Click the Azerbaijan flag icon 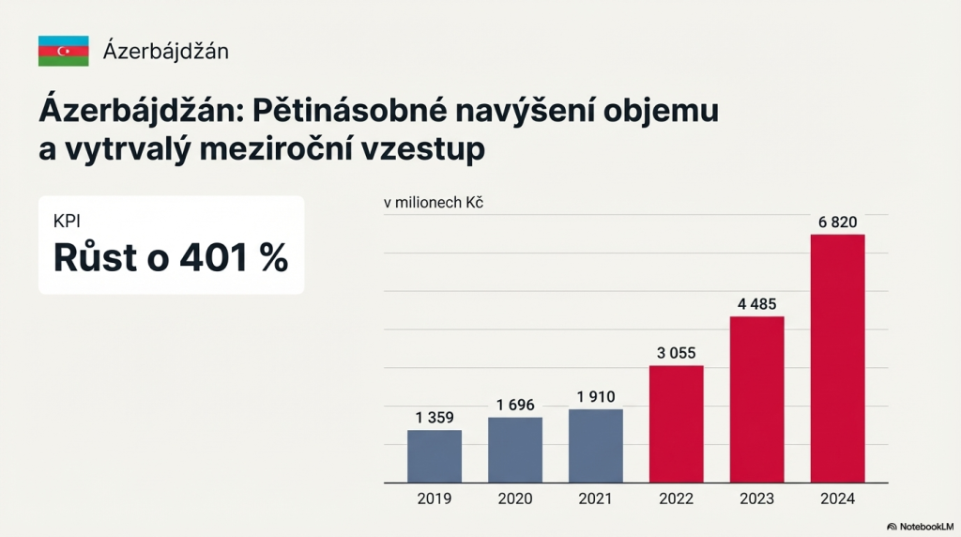pyautogui.click(x=63, y=51)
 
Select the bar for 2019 pyautogui.click(x=435, y=456)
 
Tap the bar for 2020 pyautogui.click(x=515, y=450)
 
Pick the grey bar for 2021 pyautogui.click(x=596, y=446)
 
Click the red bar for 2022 pyautogui.click(x=677, y=423)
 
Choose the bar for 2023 pyautogui.click(x=757, y=399)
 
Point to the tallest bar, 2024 pyautogui.click(x=837, y=358)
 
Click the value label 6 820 pyautogui.click(x=837, y=222)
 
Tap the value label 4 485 pyautogui.click(x=757, y=304)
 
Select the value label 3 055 pyautogui.click(x=677, y=353)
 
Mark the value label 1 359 pyautogui.click(x=435, y=418)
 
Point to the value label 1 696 pyautogui.click(x=515, y=405)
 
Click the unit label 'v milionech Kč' pyautogui.click(x=433, y=202)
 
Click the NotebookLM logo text pyautogui.click(x=923, y=527)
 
